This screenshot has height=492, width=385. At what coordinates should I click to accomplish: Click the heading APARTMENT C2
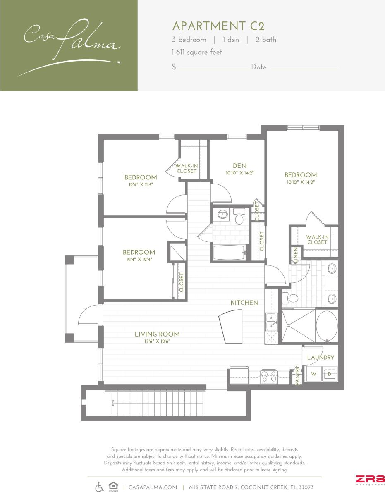tap(218, 26)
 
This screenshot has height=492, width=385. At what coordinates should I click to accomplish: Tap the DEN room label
tap(237, 166)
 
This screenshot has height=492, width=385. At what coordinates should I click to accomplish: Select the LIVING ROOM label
tap(157, 334)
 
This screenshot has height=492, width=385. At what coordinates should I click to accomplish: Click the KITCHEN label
tap(244, 303)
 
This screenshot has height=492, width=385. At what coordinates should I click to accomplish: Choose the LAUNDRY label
tap(320, 358)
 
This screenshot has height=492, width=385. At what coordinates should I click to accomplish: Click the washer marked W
tap(313, 374)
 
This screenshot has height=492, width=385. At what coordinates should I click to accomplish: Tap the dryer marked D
tap(330, 373)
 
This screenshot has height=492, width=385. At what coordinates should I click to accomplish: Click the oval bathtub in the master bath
tap(327, 327)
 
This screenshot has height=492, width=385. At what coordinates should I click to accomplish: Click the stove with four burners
tap(270, 377)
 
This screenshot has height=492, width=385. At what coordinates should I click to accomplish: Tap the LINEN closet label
tap(296, 255)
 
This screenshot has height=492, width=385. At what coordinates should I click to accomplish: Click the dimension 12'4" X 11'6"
tap(141, 185)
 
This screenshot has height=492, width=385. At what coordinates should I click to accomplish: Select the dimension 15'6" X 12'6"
tap(157, 342)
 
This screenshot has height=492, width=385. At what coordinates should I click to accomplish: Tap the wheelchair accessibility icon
tap(100, 487)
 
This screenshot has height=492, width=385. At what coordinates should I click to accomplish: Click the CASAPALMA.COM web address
tap(153, 487)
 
